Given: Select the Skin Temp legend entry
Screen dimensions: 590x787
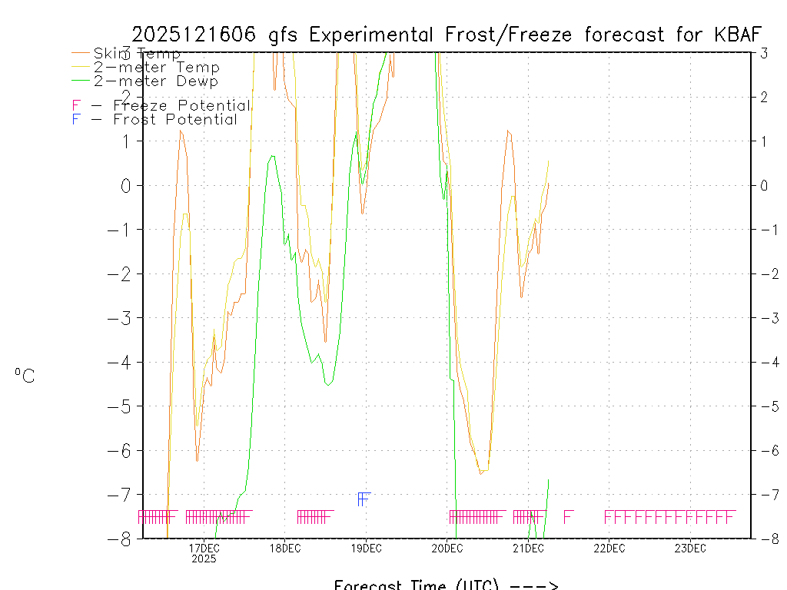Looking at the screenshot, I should pos(137,53).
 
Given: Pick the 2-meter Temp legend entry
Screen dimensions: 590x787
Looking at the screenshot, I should pos(156,68).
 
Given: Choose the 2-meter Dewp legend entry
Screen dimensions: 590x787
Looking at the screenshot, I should pos(155,81).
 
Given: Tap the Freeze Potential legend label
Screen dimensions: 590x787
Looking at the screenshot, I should pos(181,105).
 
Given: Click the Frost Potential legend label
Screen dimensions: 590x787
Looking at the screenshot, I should pos(175,119).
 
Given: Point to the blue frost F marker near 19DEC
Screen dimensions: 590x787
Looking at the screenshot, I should pos(364,499).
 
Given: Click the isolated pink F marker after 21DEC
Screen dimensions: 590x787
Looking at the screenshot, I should pos(569,516).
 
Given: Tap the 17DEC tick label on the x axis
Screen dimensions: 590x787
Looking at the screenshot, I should pos(204,548).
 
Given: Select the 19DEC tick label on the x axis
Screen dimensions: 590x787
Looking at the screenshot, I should pos(366,548).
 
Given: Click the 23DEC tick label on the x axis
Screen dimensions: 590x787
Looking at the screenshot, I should pos(690,548).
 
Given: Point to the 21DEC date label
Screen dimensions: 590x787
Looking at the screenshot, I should pos(528,548).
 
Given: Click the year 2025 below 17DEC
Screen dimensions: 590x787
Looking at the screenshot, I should pos(204,559).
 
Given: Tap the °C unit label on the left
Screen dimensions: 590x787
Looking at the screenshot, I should pos(25,376).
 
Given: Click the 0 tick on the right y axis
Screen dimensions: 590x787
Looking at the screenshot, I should pos(765,185).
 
